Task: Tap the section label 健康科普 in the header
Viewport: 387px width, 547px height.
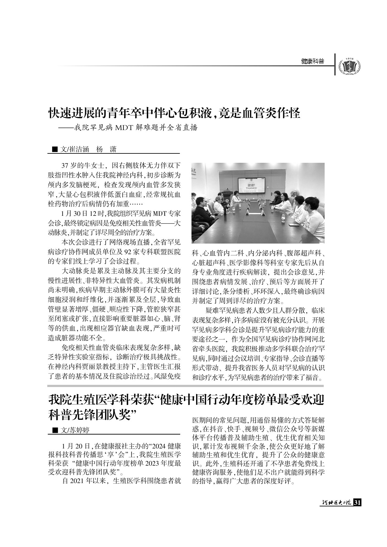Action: pos(312,61)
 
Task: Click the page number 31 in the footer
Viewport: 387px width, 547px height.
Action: pos(357,503)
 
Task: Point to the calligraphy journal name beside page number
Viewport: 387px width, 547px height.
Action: pos(336,503)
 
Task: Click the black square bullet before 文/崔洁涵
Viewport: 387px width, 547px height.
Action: pos(55,149)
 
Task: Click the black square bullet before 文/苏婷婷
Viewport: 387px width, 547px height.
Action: pos(55,430)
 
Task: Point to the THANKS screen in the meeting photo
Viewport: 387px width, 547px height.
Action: pos(252,186)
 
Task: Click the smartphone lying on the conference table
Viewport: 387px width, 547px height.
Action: pos(294,224)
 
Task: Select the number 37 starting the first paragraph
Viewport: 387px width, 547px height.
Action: pos(65,165)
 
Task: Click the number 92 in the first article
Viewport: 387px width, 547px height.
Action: pos(128,252)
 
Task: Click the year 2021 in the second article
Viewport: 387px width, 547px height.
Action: pos(77,481)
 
